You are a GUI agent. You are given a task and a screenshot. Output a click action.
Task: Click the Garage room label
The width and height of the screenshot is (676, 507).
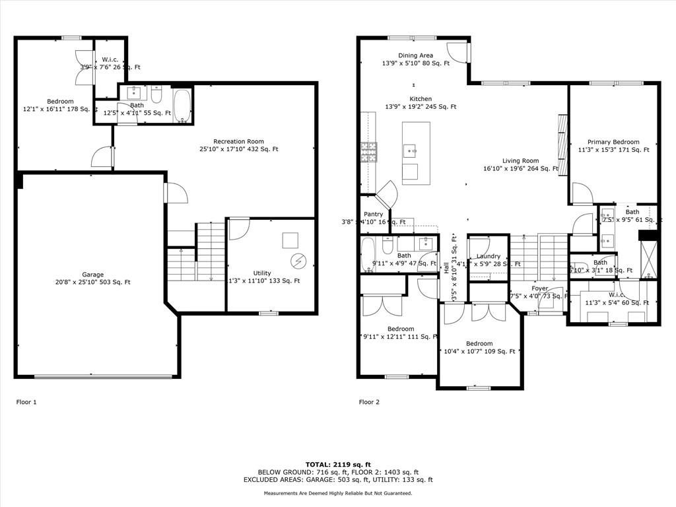point(92,274)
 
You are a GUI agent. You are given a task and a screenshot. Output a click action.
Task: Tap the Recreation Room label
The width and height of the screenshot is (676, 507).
point(238,141)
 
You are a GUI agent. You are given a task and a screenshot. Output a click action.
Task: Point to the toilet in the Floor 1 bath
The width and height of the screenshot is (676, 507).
point(156,96)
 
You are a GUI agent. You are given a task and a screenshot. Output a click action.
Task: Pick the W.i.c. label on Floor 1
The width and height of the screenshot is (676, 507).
point(110,59)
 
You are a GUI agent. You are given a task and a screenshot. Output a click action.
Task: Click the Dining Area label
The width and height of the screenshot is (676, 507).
point(416,55)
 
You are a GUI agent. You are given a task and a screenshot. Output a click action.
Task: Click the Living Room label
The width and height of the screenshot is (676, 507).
point(520,160)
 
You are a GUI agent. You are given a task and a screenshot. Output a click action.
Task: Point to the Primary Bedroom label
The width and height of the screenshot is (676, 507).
point(613,142)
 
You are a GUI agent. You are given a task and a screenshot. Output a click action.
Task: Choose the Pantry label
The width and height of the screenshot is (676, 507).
point(373,215)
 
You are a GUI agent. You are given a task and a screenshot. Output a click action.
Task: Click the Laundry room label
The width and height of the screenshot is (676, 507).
point(488,256)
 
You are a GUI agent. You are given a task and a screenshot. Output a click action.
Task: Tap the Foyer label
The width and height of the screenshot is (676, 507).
point(539,288)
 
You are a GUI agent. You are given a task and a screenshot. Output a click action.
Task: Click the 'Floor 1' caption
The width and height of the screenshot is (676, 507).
point(26,401)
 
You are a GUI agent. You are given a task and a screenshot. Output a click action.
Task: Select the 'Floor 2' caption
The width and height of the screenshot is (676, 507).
point(370,401)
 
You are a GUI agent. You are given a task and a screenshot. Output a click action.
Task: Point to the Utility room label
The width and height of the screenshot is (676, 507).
point(262,273)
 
